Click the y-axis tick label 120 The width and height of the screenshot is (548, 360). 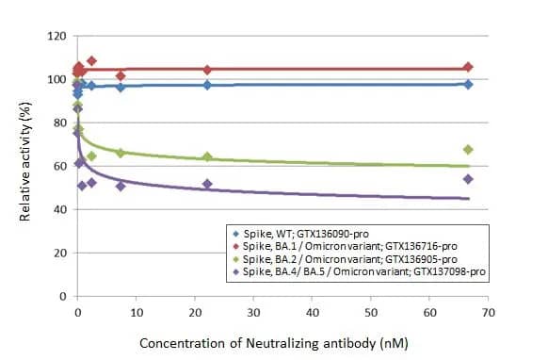(56, 36)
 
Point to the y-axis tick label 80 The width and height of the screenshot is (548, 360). (59, 123)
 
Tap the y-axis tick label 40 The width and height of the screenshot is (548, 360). (59, 209)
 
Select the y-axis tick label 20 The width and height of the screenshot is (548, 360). (59, 253)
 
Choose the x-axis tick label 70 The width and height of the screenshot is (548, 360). (488, 312)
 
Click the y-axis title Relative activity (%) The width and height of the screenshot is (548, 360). (25, 166)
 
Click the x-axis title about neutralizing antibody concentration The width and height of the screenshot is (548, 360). (273, 343)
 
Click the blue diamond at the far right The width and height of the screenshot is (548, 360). (468, 84)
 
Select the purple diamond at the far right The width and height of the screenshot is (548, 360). (468, 179)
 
